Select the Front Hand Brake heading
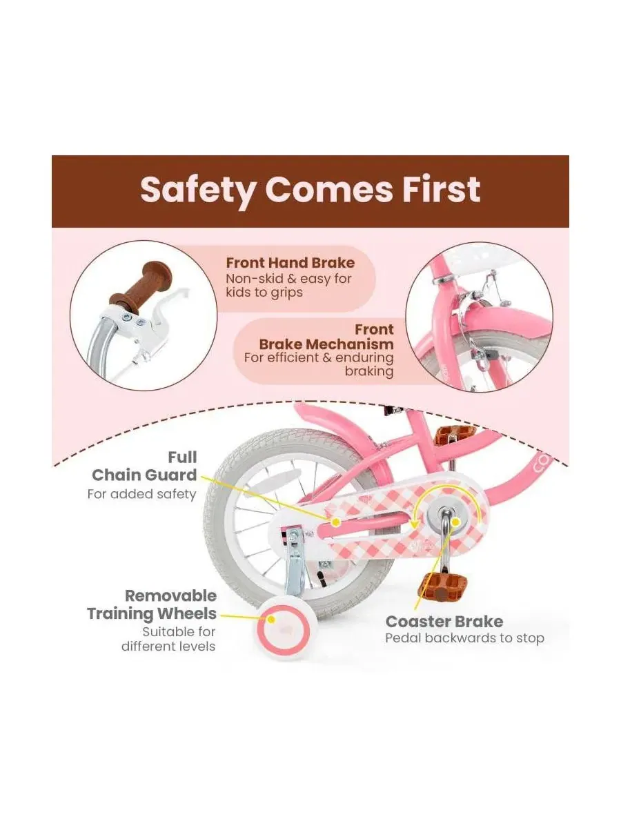click(290, 263)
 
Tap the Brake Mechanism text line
click(326, 344)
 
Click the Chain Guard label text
click(144, 475)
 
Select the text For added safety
click(141, 494)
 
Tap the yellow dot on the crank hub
click(456, 522)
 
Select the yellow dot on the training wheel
click(270, 620)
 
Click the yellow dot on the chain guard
click(335, 522)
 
